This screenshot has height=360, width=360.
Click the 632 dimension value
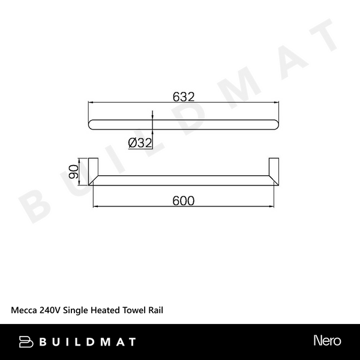click(183, 96)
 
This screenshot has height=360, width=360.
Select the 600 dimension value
click(183, 201)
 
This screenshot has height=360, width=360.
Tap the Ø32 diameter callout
click(140, 142)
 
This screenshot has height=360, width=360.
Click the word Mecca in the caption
click(25, 310)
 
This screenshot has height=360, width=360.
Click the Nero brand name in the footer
click(327, 341)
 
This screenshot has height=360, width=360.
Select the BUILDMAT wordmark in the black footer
click(87, 342)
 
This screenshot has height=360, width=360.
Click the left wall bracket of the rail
click(94, 172)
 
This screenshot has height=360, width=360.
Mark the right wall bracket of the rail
click(274, 172)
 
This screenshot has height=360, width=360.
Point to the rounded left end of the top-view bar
click(92, 124)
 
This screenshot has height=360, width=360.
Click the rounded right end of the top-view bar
click(275, 124)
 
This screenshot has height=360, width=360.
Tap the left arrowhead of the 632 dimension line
click(91, 103)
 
